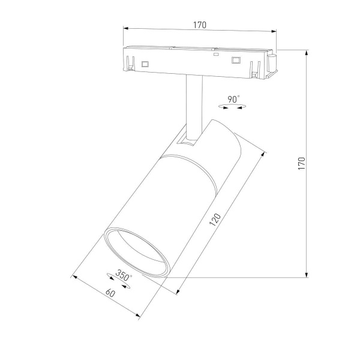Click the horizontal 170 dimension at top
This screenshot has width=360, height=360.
(x=200, y=25)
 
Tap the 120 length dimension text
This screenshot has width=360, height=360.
(x=215, y=220)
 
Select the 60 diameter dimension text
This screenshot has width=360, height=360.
(x=110, y=294)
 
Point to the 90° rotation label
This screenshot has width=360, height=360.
(x=233, y=98)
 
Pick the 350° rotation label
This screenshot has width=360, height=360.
(x=124, y=277)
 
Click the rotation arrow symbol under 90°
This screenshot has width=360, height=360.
(x=233, y=106)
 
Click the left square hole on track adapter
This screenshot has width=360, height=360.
(x=145, y=62)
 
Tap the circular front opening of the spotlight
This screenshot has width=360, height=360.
(x=134, y=252)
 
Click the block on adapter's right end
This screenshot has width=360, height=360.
(x=271, y=62)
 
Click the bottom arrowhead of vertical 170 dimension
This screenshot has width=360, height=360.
(x=307, y=275)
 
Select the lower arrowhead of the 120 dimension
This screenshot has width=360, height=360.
(x=179, y=292)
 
